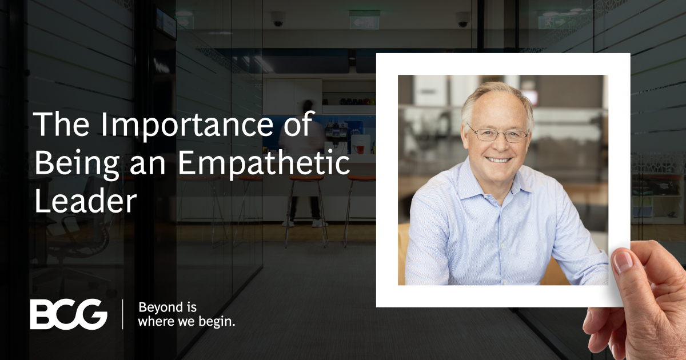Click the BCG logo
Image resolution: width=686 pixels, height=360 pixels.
point(68,314)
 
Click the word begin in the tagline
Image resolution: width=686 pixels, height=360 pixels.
point(216,322)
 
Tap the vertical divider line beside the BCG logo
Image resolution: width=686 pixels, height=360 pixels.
point(122,314)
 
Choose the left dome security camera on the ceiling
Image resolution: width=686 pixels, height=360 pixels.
point(278,19)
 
